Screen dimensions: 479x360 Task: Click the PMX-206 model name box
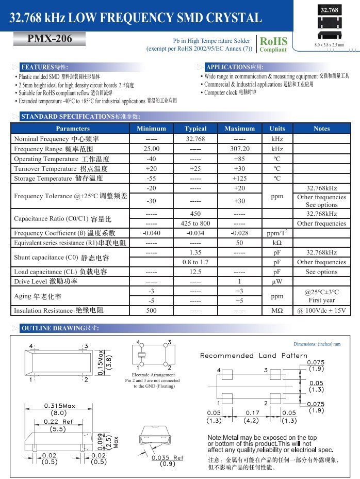(x=43, y=39)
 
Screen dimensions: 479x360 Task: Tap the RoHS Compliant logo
(x=273, y=44)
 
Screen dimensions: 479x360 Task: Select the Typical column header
(x=195, y=129)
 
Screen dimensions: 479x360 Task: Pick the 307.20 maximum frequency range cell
(x=239, y=149)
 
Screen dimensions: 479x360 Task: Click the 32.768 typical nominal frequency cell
(x=195, y=139)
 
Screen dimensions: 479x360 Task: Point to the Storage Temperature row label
(x=58, y=179)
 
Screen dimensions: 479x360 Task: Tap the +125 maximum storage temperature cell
(x=239, y=179)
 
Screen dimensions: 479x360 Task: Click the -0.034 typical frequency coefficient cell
(x=195, y=233)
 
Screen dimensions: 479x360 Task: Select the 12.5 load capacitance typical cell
(x=195, y=272)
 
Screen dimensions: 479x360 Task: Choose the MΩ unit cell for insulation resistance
(x=277, y=311)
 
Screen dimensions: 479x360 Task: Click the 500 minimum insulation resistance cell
(x=151, y=311)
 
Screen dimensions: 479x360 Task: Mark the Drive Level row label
(x=45, y=282)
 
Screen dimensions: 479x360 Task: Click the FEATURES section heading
(x=44, y=67)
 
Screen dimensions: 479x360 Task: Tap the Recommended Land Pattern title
(x=253, y=356)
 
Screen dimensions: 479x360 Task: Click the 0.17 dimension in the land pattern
(x=252, y=413)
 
